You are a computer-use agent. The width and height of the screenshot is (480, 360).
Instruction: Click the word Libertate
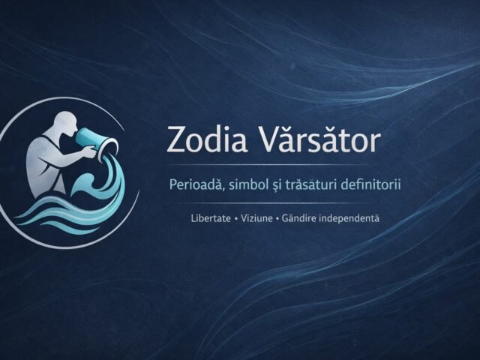pos(211,218)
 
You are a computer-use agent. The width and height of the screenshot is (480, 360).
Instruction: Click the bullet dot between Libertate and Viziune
pos(236,218)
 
